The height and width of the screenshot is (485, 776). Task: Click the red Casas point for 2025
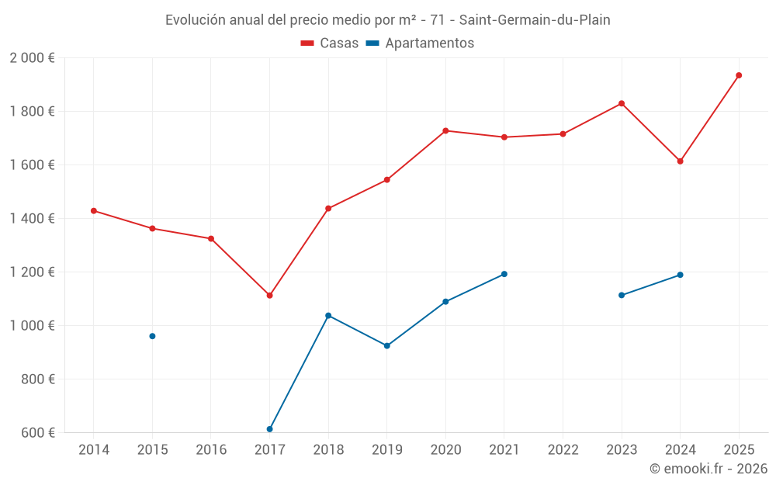coord(739,75)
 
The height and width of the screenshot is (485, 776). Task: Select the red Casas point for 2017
coord(269,296)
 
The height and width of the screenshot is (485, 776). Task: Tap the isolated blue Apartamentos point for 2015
coord(152,336)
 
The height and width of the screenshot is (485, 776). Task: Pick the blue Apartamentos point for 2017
coord(269,429)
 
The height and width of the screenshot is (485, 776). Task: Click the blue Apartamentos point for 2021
coord(504,274)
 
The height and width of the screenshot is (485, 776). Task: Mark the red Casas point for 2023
coord(622,103)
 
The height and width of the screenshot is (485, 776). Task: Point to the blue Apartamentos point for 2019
coord(387,346)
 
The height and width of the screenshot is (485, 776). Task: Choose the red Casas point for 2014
coord(94,211)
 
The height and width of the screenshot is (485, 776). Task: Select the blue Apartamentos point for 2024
coord(681,275)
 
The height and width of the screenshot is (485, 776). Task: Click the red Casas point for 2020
coord(445,130)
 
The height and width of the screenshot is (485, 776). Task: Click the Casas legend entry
coord(330,43)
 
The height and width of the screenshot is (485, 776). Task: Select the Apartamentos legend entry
coord(420,43)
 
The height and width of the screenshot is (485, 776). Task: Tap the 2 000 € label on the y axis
coord(32,58)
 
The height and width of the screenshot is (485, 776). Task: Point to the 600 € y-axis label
coord(37,433)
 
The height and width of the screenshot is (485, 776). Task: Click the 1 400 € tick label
coord(32,219)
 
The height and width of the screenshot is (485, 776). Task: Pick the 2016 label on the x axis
coord(211,450)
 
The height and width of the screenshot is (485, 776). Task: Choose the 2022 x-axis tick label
coord(563,450)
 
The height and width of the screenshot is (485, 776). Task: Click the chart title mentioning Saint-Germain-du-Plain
coord(388,20)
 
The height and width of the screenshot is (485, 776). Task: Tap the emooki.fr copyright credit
coord(708,469)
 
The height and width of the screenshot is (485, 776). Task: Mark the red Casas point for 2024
coord(681,161)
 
